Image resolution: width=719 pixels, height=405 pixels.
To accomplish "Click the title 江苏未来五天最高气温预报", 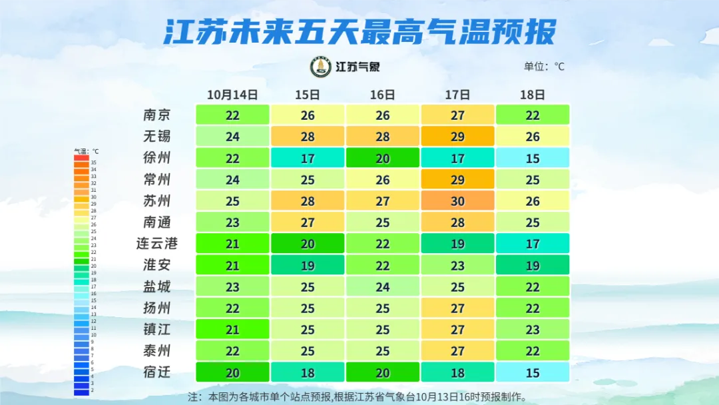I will pyautogui.click(x=359, y=31).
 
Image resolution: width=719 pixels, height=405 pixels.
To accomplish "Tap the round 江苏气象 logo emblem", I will pyautogui.click(x=321, y=67).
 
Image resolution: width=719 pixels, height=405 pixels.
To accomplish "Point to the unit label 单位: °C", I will pyautogui.click(x=544, y=67).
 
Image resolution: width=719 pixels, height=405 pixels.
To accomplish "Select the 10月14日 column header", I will pyautogui.click(x=232, y=95).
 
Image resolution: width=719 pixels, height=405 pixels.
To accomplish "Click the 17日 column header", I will pyautogui.click(x=457, y=95).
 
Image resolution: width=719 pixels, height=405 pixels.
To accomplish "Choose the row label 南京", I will pyautogui.click(x=157, y=115).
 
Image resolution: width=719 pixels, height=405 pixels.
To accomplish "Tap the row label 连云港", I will pyautogui.click(x=157, y=243).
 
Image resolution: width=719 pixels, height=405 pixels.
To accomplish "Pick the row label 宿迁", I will pyautogui.click(x=157, y=372).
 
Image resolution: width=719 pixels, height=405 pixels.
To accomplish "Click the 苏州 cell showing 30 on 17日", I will pyautogui.click(x=457, y=201).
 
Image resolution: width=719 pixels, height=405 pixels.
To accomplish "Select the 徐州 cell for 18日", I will pyautogui.click(x=533, y=158).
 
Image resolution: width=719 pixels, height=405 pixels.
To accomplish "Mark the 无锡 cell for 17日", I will pyautogui.click(x=457, y=137).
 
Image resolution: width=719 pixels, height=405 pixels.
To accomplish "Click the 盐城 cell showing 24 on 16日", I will pyautogui.click(x=382, y=286).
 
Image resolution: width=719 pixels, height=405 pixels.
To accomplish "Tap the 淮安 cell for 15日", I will pyautogui.click(x=308, y=264).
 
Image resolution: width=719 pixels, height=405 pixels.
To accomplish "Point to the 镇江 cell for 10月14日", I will pyautogui.click(x=232, y=329).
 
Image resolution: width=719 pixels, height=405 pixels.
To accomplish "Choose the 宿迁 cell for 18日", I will pyautogui.click(x=533, y=372).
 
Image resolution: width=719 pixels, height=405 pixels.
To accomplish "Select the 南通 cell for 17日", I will pyautogui.click(x=457, y=222).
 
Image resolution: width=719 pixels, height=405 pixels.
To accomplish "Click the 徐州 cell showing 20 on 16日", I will pyautogui.click(x=382, y=158).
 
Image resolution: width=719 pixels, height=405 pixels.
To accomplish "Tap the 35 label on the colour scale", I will pyautogui.click(x=94, y=163).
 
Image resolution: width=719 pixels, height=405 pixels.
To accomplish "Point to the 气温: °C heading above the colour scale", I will pyautogui.click(x=86, y=151).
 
